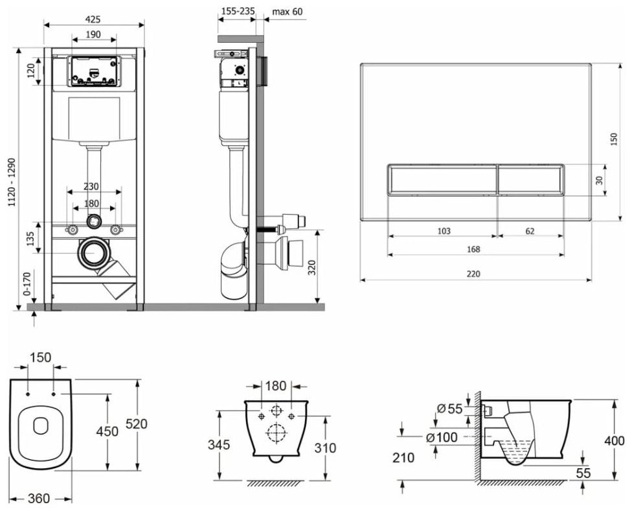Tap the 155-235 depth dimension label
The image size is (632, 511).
[238, 11]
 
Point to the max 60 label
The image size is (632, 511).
[287, 11]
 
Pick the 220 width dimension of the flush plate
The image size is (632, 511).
[473, 274]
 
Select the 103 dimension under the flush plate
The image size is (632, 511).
[442, 231]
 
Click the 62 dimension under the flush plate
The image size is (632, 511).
[530, 231]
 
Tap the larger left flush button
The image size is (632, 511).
[442, 180]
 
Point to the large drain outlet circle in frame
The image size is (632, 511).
[95, 254]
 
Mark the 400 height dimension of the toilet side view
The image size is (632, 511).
[614, 441]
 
